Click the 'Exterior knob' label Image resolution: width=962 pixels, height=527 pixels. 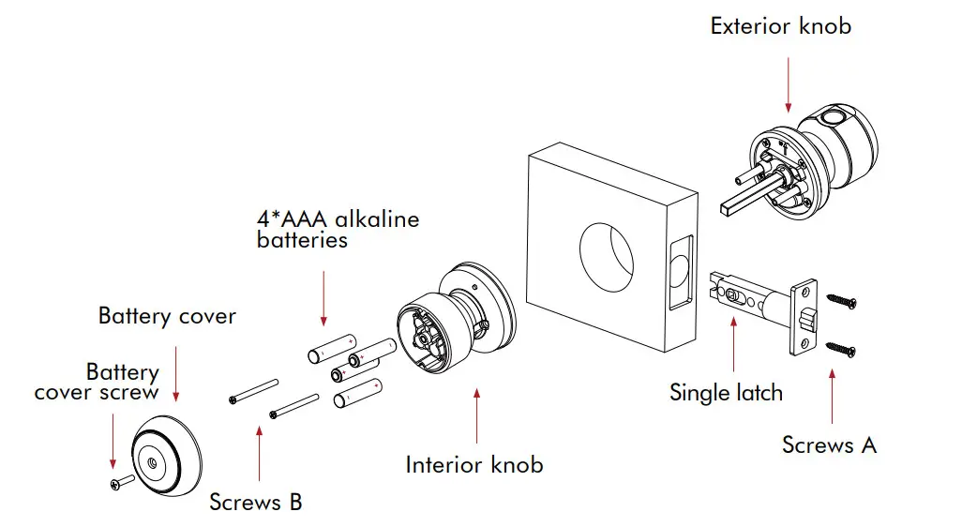pyautogui.click(x=780, y=25)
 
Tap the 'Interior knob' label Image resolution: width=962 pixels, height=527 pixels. pyautogui.click(x=473, y=464)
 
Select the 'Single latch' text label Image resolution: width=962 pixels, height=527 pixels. pyautogui.click(x=726, y=392)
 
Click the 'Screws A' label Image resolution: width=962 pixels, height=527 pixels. pyautogui.click(x=829, y=444)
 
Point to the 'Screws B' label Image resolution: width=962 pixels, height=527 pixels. pyautogui.click(x=255, y=502)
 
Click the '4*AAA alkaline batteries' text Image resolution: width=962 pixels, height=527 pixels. pyautogui.click(x=338, y=230)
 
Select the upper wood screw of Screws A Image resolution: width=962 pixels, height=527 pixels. pyautogui.click(x=840, y=300)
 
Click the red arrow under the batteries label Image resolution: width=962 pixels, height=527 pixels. pyautogui.click(x=323, y=295)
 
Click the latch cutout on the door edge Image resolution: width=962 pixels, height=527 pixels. pyautogui.click(x=681, y=273)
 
